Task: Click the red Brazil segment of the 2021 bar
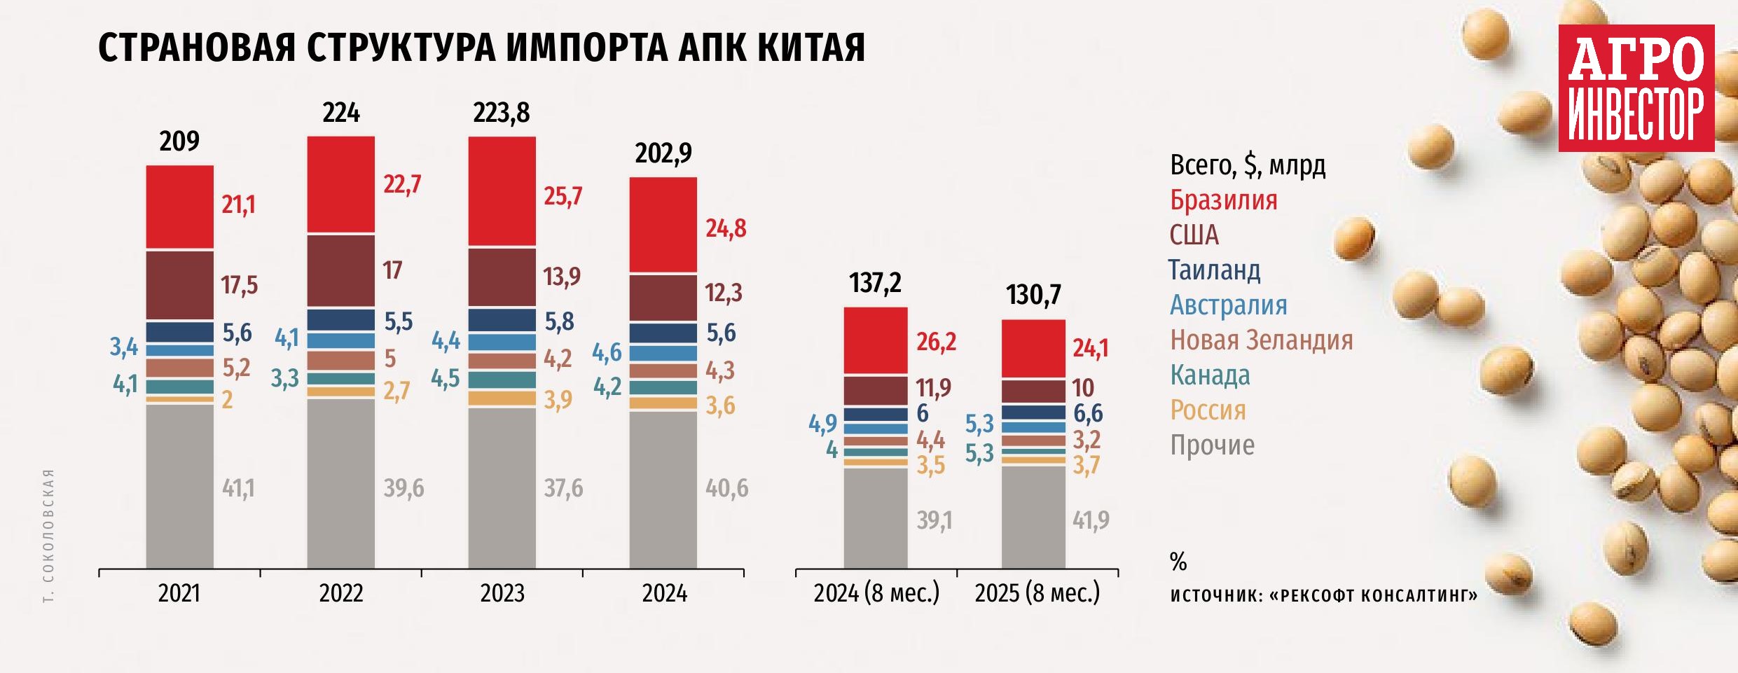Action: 179,207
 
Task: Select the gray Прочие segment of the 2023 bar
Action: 502,487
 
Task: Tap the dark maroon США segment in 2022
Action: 340,270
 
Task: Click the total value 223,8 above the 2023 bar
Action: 501,113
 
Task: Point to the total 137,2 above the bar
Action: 875,283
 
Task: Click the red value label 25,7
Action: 563,196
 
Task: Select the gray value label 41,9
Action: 1091,520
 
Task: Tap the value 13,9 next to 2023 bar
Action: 562,277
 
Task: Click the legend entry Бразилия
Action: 1223,200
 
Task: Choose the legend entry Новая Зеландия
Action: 1261,340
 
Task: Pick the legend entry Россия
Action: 1208,410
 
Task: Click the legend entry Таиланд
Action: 1214,270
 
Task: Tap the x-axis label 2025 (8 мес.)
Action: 1037,593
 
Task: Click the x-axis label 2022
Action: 341,593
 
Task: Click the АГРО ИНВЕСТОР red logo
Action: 1636,88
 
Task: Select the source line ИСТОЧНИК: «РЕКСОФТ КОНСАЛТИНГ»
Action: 1323,595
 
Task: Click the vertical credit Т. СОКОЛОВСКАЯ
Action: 48,536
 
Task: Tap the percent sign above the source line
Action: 1178,562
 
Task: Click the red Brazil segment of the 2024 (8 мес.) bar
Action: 875,340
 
